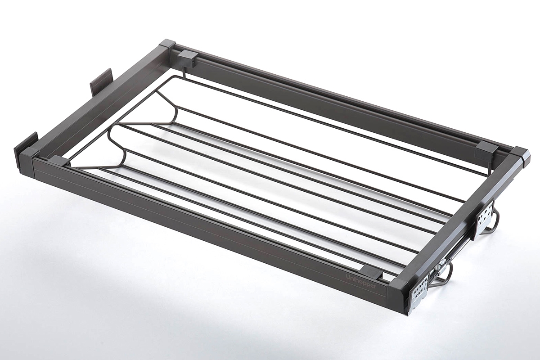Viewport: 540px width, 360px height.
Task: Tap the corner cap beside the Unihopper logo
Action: [400, 289]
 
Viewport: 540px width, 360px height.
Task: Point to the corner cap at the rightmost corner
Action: [520, 157]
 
